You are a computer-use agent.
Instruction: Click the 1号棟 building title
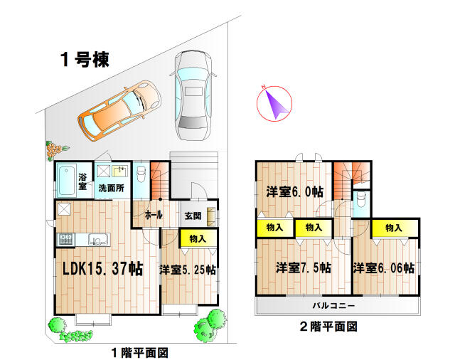(84, 60)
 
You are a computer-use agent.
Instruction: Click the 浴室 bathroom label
(82, 181)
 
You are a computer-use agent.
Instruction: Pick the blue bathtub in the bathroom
(66, 182)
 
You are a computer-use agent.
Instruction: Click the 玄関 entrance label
(193, 216)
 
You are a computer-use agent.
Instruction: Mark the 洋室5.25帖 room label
(188, 270)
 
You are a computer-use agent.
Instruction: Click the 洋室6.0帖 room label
(294, 191)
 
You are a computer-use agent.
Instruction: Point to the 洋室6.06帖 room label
(384, 268)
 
